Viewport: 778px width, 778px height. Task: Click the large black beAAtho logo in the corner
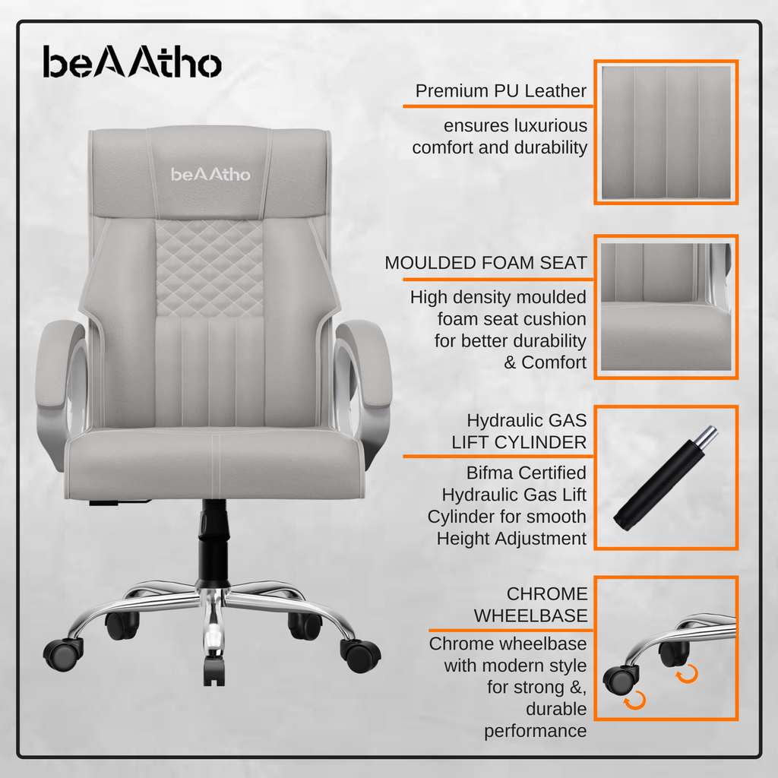132,62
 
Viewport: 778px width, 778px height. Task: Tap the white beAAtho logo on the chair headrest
210,174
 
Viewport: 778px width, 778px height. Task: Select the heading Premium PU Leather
501,91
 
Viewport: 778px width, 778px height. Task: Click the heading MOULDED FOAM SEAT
485,262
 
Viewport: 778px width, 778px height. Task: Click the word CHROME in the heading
547,593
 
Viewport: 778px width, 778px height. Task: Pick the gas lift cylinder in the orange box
666,478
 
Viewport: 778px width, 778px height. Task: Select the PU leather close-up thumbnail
666,132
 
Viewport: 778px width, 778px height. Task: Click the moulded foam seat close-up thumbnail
666,307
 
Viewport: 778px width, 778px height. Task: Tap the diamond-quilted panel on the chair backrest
210,268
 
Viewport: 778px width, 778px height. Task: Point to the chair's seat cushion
214,464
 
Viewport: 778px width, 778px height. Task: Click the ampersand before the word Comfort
510,362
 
